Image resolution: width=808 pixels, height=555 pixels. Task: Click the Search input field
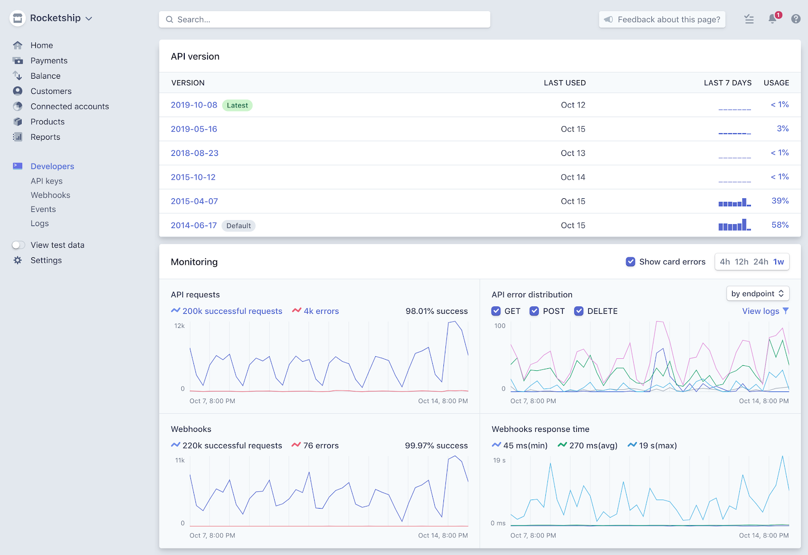[324, 20]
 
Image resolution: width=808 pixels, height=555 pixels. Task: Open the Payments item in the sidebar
[48, 61]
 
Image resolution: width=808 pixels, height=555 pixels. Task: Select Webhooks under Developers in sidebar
[50, 195]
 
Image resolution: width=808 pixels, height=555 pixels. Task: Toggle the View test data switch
[19, 245]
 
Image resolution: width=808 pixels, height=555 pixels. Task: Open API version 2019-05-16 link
[194, 129]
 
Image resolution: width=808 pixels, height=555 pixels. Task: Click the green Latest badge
[237, 105]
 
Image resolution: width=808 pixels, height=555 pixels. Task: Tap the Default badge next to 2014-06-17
[238, 226]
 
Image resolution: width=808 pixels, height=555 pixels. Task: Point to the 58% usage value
[780, 225]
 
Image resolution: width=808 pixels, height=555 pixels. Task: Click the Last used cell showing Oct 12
[573, 105]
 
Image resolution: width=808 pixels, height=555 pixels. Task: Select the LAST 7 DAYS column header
[727, 83]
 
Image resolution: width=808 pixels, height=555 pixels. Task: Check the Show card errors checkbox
[630, 262]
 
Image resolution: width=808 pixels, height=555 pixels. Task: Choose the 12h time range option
[741, 262]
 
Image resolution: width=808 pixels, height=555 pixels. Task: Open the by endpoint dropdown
[757, 294]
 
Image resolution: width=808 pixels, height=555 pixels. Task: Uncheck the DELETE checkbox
[579, 311]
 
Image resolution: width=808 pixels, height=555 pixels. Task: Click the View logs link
[761, 311]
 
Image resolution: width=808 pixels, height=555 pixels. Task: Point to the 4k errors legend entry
[316, 311]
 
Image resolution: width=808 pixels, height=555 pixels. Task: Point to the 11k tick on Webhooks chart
[180, 460]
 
